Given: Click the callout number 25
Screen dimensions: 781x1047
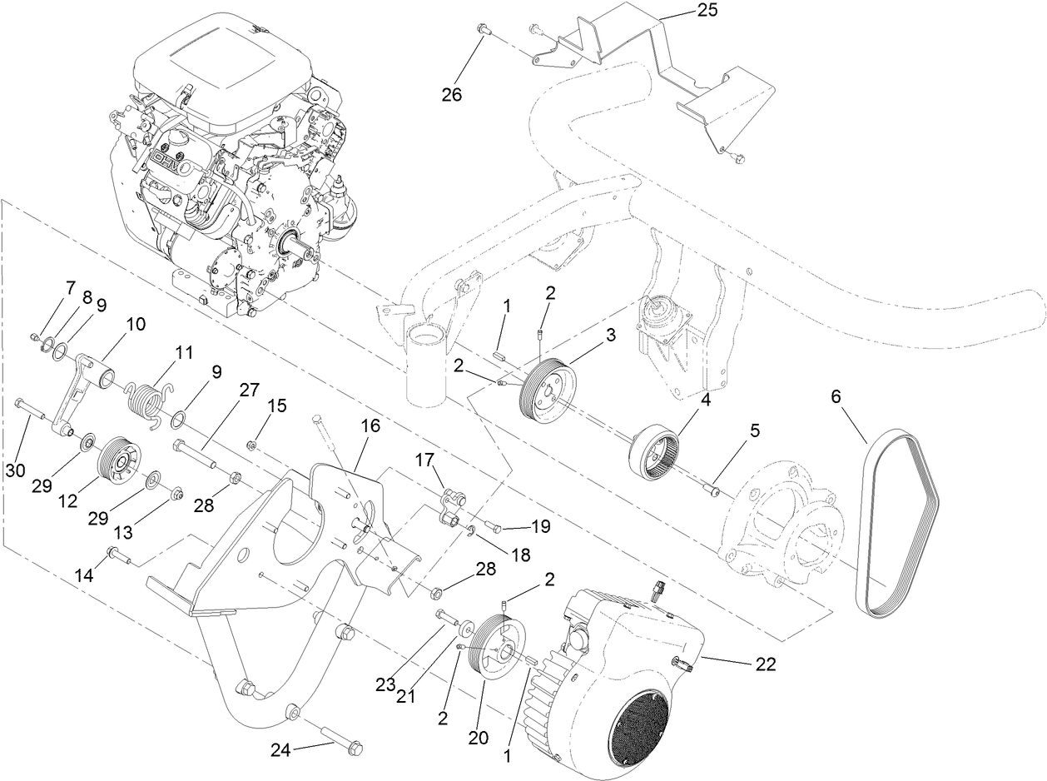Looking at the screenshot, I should pos(705,10).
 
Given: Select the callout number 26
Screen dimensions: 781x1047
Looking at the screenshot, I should pos(452,94).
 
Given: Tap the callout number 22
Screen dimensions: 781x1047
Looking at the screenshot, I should pos(765,664).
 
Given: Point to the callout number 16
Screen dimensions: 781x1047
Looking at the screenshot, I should pos(370,425).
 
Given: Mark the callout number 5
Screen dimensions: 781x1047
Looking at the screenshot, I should pos(754,430).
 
